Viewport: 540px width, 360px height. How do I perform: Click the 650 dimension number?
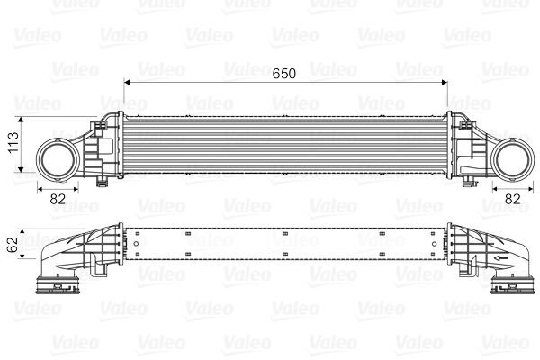pos(284,74)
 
